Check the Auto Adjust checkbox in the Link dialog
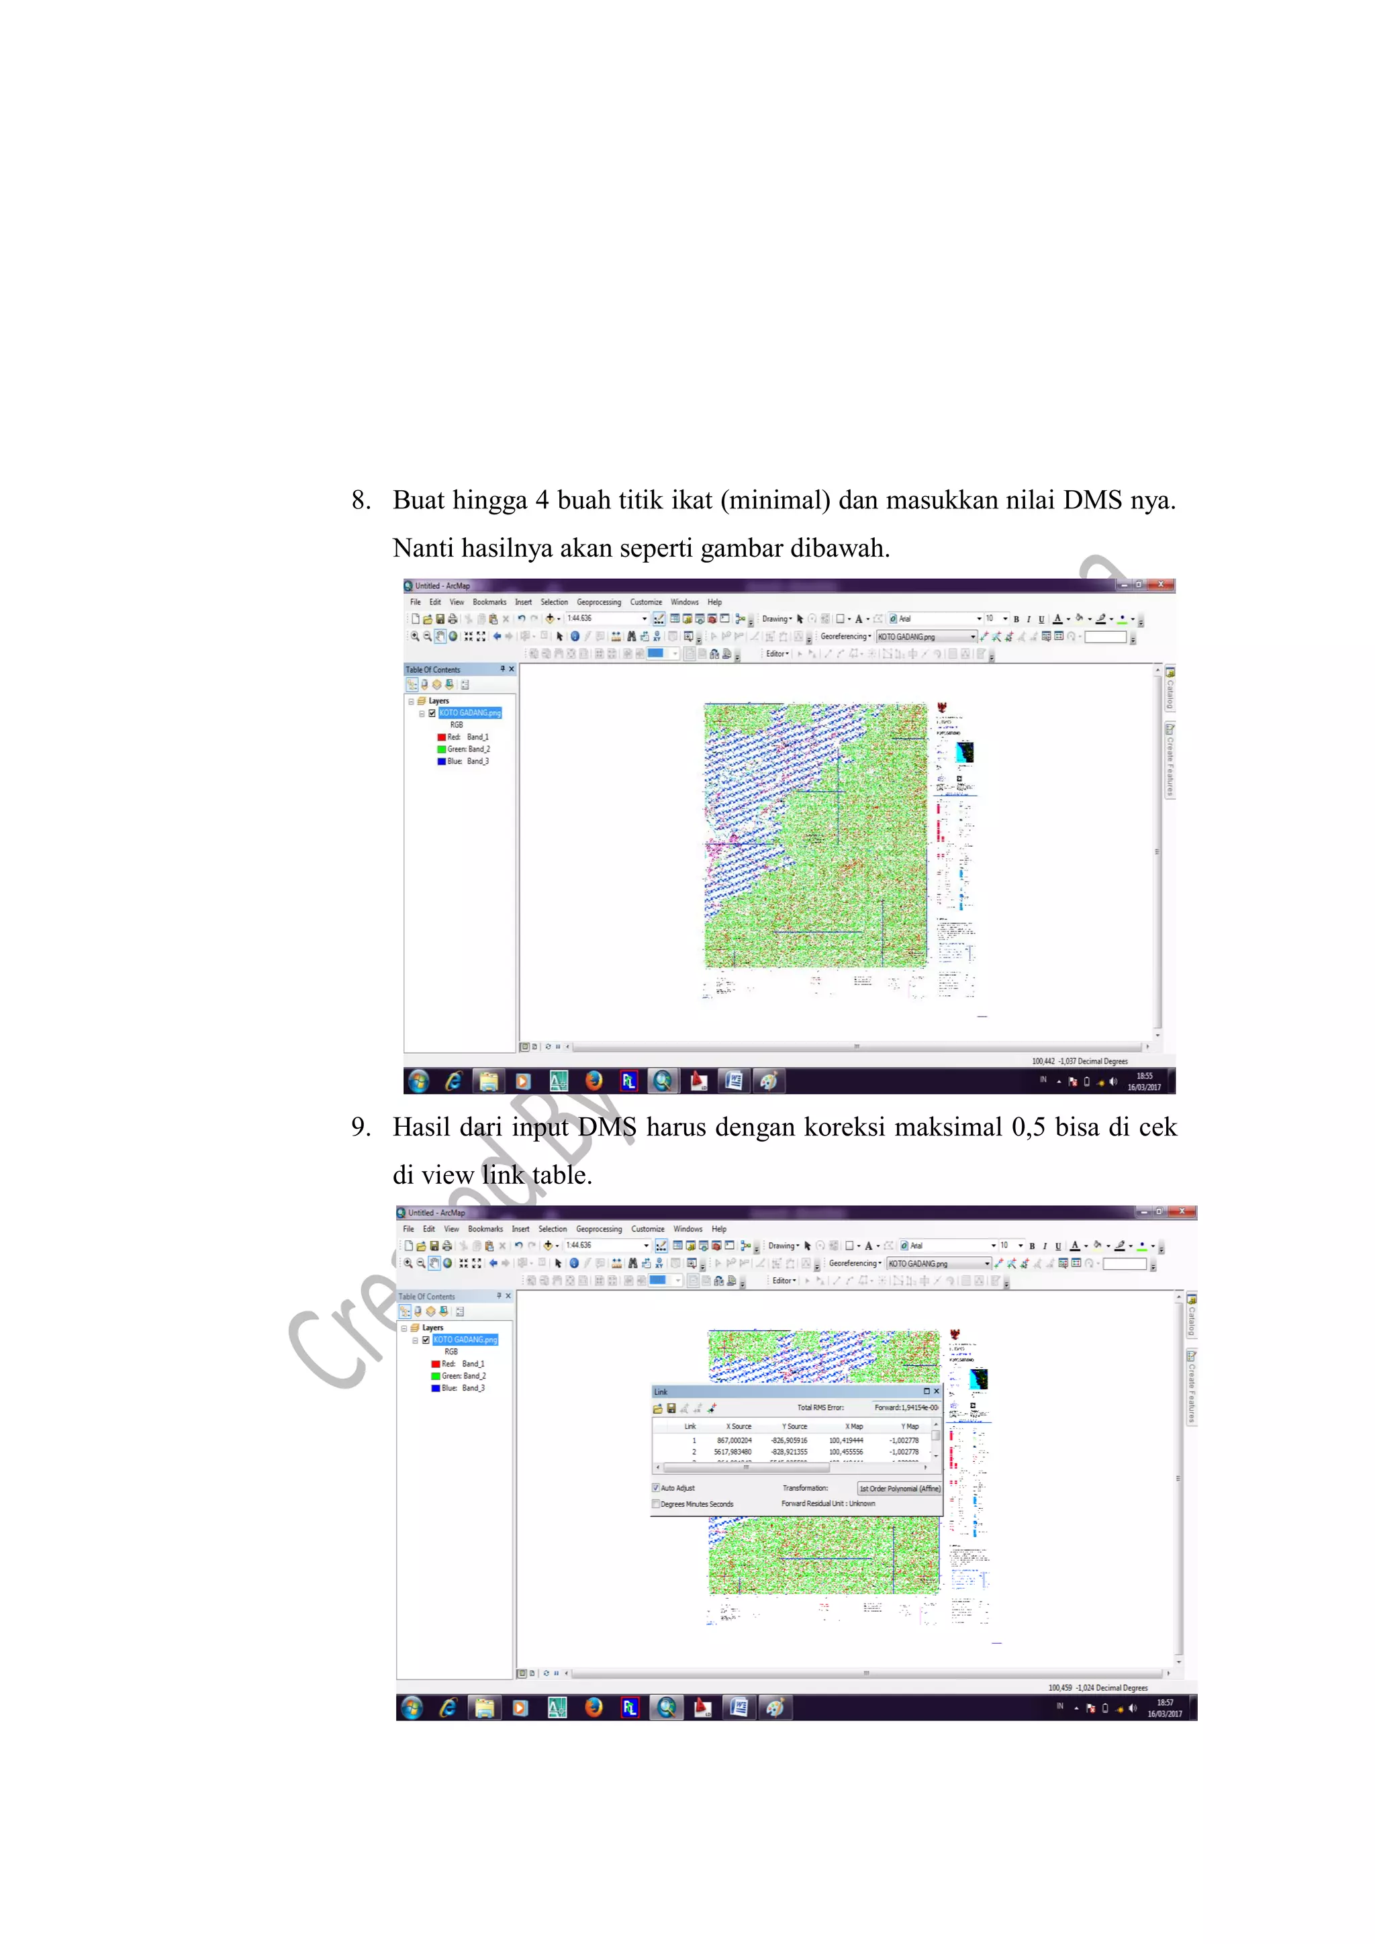pyautogui.click(x=656, y=1487)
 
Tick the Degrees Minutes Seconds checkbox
pyautogui.click(x=656, y=1503)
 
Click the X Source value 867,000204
pyautogui.click(x=734, y=1440)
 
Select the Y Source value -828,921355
pyautogui.click(x=789, y=1452)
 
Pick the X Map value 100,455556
pyautogui.click(x=846, y=1452)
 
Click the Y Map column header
pyautogui.click(x=909, y=1427)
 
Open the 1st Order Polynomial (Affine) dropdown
pyautogui.click(x=899, y=1489)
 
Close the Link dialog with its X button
pyautogui.click(x=937, y=1391)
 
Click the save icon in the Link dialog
pyautogui.click(x=671, y=1408)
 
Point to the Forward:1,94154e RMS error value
pyautogui.click(x=906, y=1408)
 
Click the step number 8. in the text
pyautogui.click(x=361, y=500)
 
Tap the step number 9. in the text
pyautogui.click(x=361, y=1127)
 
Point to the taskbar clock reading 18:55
pyautogui.click(x=1144, y=1076)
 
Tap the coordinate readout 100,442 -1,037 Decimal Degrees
pyautogui.click(x=1080, y=1061)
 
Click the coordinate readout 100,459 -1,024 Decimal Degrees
pyautogui.click(x=1098, y=1687)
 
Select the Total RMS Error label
pyautogui.click(x=820, y=1408)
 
